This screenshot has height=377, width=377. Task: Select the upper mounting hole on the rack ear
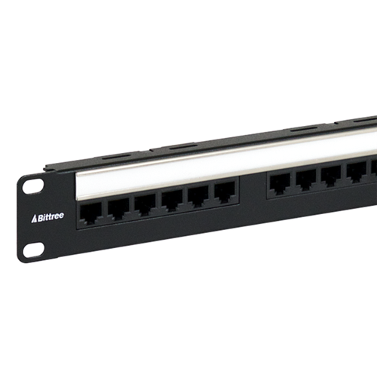tap(32, 186)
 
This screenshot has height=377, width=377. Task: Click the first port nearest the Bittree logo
tap(90, 213)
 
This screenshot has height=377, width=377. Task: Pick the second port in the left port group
tap(118, 209)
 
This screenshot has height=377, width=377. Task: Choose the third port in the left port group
tap(145, 205)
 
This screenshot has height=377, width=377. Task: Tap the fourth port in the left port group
tap(172, 201)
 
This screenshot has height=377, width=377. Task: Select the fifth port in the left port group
tap(198, 198)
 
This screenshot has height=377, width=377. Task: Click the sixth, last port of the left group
tap(225, 194)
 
